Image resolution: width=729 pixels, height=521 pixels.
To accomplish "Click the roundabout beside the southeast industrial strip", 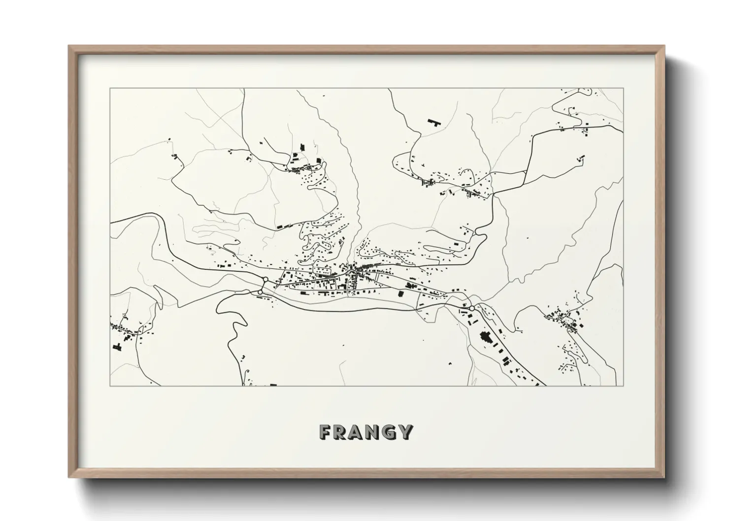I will [471, 308].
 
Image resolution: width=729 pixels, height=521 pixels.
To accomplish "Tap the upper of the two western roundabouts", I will [265, 280].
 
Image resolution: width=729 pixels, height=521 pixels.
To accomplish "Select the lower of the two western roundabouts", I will [260, 293].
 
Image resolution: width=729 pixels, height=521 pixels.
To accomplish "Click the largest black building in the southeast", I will [485, 339].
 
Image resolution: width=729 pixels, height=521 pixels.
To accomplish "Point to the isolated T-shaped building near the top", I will [433, 121].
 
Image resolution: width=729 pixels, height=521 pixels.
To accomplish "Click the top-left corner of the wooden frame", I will [69, 46].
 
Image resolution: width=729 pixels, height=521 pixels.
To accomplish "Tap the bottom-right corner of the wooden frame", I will [664, 477].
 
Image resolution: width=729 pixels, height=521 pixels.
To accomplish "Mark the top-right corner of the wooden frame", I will [664, 46].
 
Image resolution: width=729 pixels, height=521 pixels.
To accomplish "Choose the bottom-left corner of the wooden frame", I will [69, 477].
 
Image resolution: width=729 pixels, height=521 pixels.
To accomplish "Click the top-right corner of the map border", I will [623, 89].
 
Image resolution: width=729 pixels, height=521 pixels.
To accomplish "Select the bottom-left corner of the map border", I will [110, 386].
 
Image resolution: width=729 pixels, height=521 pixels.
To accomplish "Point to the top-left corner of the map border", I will [110, 89].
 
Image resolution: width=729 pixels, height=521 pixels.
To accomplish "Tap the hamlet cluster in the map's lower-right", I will [566, 323].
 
